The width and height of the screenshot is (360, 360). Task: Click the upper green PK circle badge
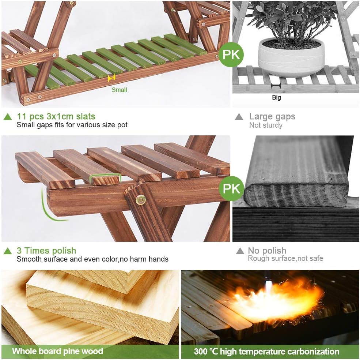[231, 55]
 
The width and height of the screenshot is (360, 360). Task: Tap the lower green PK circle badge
[231, 188]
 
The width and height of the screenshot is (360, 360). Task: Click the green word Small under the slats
[119, 90]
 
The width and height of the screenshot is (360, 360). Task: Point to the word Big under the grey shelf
[276, 98]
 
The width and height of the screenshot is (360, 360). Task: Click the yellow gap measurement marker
[111, 78]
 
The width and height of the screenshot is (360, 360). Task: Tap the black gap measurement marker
[276, 86]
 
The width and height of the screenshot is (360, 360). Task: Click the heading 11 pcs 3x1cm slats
[56, 117]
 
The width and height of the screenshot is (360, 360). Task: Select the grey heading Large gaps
[272, 117]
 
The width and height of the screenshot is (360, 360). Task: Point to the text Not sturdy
[266, 125]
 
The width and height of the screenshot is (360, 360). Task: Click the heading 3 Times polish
[46, 251]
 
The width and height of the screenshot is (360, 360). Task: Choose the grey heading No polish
[267, 251]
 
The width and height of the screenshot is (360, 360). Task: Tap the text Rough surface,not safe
[285, 259]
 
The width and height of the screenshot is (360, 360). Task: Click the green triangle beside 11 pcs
[8, 117]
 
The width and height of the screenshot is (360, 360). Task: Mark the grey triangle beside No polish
[240, 251]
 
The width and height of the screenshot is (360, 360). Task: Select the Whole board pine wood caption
[57, 352]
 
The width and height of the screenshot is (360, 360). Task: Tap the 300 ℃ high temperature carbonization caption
[266, 352]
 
